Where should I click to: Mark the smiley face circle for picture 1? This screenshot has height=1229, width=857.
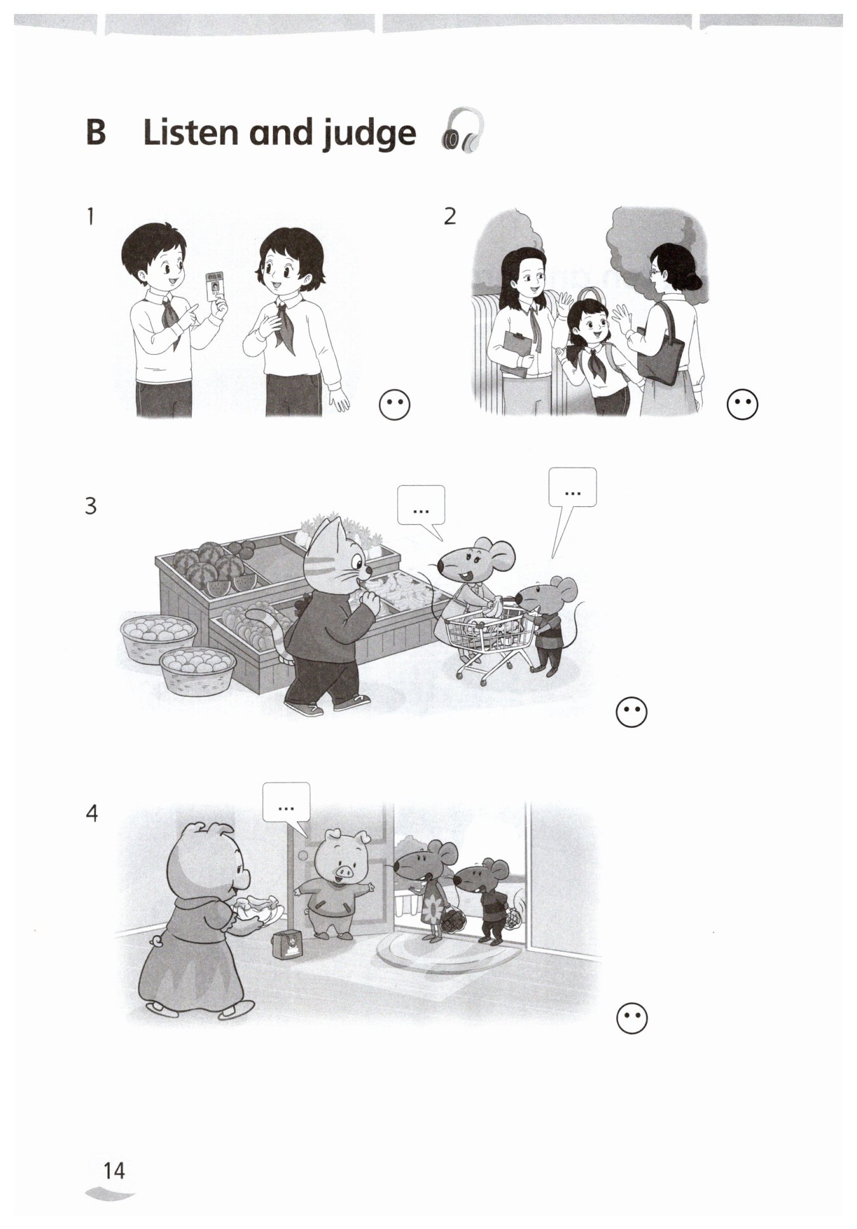point(394,404)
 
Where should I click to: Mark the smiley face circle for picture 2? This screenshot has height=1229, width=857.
point(742,404)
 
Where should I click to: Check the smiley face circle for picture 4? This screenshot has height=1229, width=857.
point(632,1019)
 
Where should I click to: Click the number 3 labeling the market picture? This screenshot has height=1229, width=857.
point(91,506)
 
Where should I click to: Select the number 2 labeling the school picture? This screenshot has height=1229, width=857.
point(449,216)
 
